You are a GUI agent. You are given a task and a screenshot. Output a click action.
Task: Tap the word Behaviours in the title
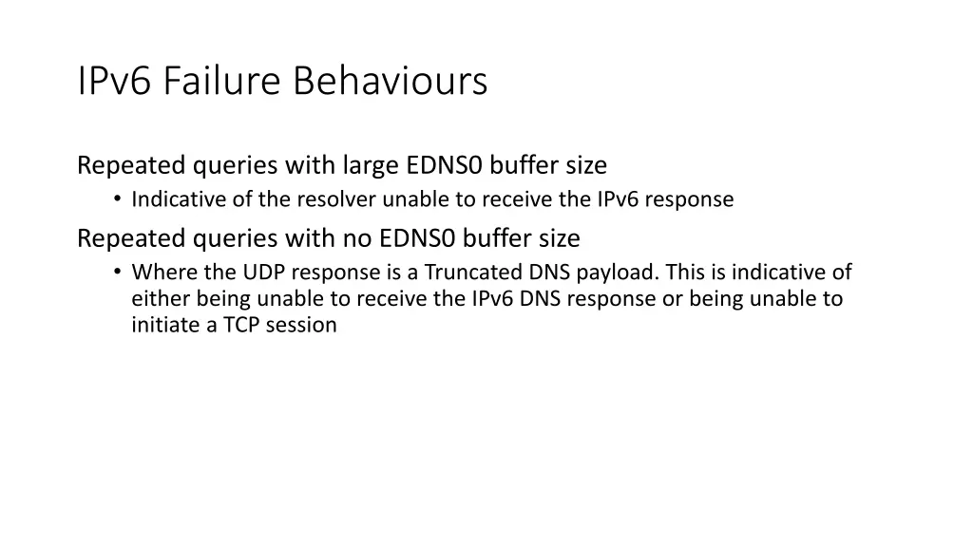tap(390, 81)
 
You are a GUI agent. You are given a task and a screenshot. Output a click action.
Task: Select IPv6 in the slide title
tap(114, 81)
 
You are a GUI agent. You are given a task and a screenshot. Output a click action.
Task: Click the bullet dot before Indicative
tap(115, 199)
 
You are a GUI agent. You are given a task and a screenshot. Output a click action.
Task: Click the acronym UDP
tap(264, 273)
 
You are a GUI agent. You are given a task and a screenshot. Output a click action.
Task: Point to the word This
tap(684, 273)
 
